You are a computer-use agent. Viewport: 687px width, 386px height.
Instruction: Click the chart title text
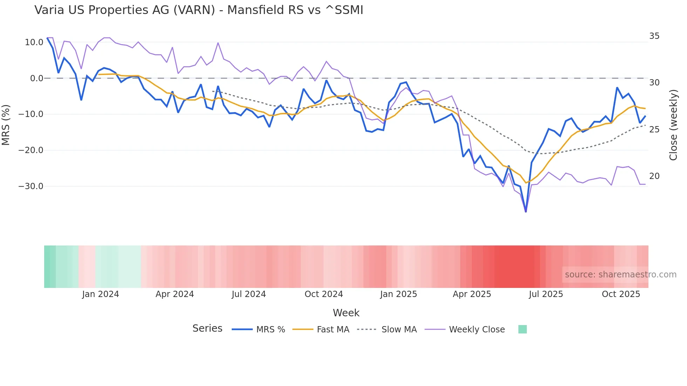[x=199, y=10]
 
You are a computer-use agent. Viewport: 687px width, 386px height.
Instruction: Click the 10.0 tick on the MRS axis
[x=34, y=42]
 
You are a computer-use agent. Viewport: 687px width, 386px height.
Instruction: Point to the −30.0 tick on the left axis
[x=31, y=186]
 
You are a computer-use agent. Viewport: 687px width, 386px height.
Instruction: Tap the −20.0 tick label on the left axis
[x=31, y=150]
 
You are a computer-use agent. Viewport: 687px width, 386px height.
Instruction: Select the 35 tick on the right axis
[x=654, y=36]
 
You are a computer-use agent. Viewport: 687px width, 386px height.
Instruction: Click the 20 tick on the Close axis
[x=654, y=176]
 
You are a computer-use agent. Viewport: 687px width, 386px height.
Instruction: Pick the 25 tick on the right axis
[x=654, y=130]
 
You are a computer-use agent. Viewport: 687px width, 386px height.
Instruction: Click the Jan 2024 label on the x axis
[x=101, y=294]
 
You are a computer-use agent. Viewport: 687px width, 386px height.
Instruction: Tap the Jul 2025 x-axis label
[x=546, y=294]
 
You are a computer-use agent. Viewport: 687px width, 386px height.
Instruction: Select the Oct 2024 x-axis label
[x=324, y=294]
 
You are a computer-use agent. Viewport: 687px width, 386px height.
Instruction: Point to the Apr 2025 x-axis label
[x=472, y=294]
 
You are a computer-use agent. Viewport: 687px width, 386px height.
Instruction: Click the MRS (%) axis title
[x=6, y=125]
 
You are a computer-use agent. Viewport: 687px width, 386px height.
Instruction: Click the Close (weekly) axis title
[x=673, y=125]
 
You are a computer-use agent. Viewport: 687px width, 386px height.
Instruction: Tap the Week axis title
[x=346, y=313]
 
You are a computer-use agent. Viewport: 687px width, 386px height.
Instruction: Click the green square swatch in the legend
[x=522, y=329]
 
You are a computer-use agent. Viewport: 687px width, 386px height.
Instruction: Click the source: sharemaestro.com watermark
[x=620, y=275]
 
